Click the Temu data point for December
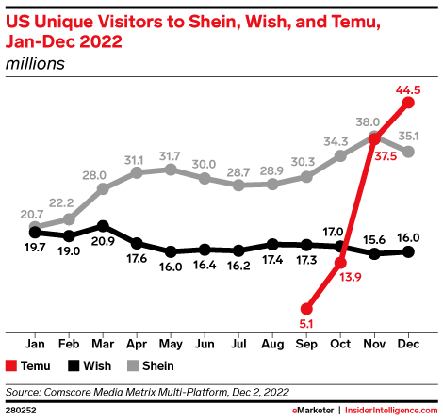(408, 102)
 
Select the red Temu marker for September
(306, 308)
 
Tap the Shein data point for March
(103, 188)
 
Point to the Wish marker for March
(103, 226)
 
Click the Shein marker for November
(374, 137)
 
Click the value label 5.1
(306, 323)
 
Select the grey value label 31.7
(171, 155)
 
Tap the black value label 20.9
(103, 242)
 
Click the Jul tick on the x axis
(238, 344)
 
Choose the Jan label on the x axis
(35, 344)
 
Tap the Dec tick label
(408, 344)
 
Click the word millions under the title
(35, 64)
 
